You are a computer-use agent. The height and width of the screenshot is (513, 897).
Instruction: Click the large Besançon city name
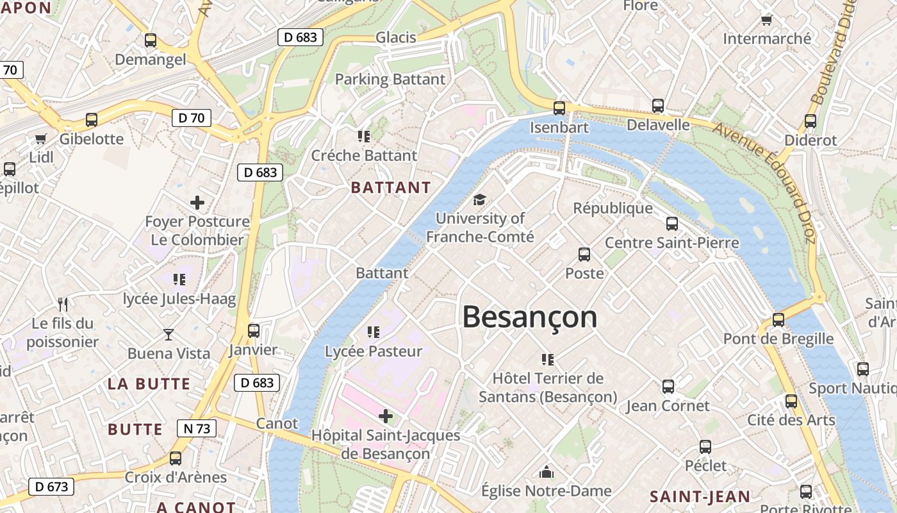(529, 317)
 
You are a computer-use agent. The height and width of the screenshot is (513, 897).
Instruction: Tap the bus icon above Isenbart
(559, 108)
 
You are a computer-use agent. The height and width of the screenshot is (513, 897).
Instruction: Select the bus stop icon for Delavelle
(657, 106)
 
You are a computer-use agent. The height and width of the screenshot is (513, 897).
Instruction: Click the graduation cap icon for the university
(479, 200)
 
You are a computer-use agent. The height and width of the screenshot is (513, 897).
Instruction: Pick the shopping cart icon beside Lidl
(41, 139)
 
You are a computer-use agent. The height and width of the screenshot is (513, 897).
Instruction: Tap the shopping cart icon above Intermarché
(766, 20)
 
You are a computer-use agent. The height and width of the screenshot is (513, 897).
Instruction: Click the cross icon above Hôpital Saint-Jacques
(386, 416)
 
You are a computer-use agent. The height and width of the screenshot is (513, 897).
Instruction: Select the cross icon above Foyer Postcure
(197, 203)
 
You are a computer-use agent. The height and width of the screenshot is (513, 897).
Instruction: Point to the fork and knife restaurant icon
(63, 304)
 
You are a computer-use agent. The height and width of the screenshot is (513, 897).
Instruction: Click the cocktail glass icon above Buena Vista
(169, 334)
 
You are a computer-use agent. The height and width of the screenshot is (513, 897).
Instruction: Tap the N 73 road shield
(196, 428)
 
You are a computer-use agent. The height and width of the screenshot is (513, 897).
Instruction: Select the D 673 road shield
(51, 487)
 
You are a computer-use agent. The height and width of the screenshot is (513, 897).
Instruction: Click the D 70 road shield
(191, 117)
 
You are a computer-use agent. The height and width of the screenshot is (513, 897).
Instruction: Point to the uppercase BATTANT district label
(391, 188)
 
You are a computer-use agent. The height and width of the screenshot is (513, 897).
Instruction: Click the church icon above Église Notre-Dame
(546, 472)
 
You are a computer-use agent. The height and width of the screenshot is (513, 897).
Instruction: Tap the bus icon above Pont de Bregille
(778, 319)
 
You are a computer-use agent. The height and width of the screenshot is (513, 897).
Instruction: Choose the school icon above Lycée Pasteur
(374, 332)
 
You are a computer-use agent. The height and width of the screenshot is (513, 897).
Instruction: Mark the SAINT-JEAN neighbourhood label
(700, 496)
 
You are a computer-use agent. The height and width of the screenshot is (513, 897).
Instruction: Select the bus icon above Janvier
(254, 331)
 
